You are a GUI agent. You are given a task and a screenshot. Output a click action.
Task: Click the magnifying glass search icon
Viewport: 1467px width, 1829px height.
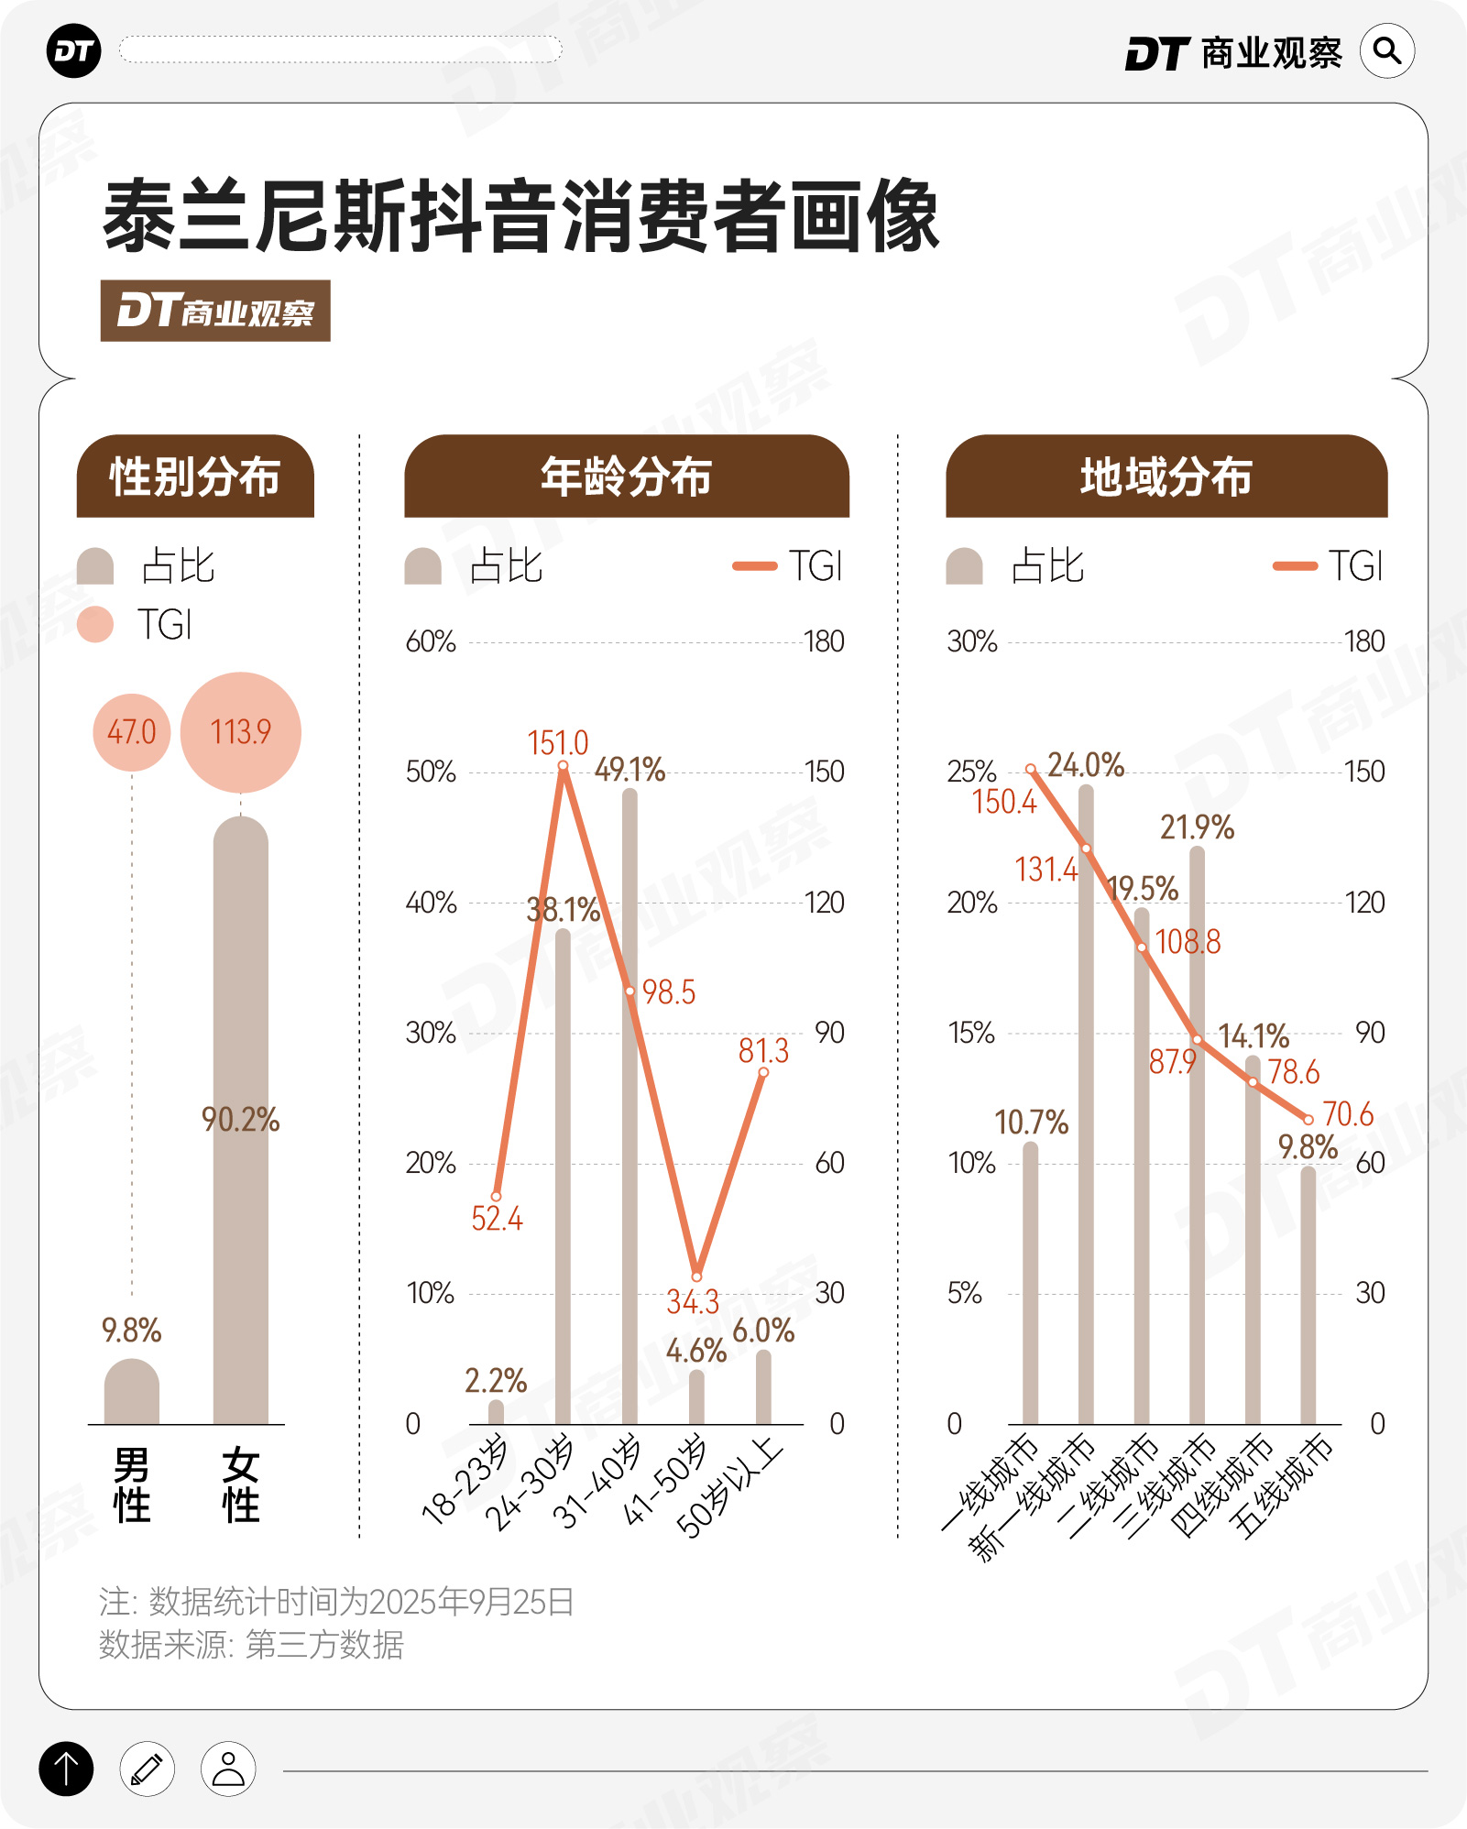pos(1387,51)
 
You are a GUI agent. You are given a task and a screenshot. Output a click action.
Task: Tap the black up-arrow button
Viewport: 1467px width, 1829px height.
pos(66,1768)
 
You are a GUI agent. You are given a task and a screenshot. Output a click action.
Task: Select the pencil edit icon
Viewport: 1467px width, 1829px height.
pos(147,1768)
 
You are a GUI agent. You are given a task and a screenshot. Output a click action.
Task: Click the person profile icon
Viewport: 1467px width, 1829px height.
pos(228,1768)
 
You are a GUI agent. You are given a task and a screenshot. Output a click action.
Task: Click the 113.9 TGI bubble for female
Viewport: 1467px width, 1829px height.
pos(241,732)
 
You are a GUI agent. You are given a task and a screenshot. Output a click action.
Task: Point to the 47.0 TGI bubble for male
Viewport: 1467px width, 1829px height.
pos(132,732)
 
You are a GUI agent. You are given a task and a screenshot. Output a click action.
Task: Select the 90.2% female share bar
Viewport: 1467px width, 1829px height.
pos(241,1118)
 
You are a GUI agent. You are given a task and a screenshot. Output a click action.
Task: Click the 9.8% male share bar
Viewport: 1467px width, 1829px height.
pos(132,1392)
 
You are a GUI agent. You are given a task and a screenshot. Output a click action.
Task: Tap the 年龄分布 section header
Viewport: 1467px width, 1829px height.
pos(627,476)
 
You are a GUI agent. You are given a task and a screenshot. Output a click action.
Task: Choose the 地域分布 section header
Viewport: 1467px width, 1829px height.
pos(1166,476)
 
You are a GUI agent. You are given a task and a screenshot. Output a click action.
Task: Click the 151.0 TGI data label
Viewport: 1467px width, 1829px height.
pos(558,743)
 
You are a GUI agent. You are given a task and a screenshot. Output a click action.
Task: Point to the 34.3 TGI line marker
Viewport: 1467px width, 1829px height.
pos(696,1276)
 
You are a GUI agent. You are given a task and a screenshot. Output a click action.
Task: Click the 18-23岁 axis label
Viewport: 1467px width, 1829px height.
pos(465,1480)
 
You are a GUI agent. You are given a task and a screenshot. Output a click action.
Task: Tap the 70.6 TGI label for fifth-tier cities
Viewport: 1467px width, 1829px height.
pos(1348,1114)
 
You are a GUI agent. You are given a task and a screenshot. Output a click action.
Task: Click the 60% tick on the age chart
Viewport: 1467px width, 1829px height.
pos(431,641)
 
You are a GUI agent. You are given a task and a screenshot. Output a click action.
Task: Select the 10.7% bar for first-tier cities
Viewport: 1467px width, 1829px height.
pos(1031,1283)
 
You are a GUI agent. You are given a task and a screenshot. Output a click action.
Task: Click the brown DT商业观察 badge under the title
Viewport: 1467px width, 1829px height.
pos(215,311)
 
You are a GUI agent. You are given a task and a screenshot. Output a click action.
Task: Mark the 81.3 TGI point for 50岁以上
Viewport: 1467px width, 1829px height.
pos(763,1072)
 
